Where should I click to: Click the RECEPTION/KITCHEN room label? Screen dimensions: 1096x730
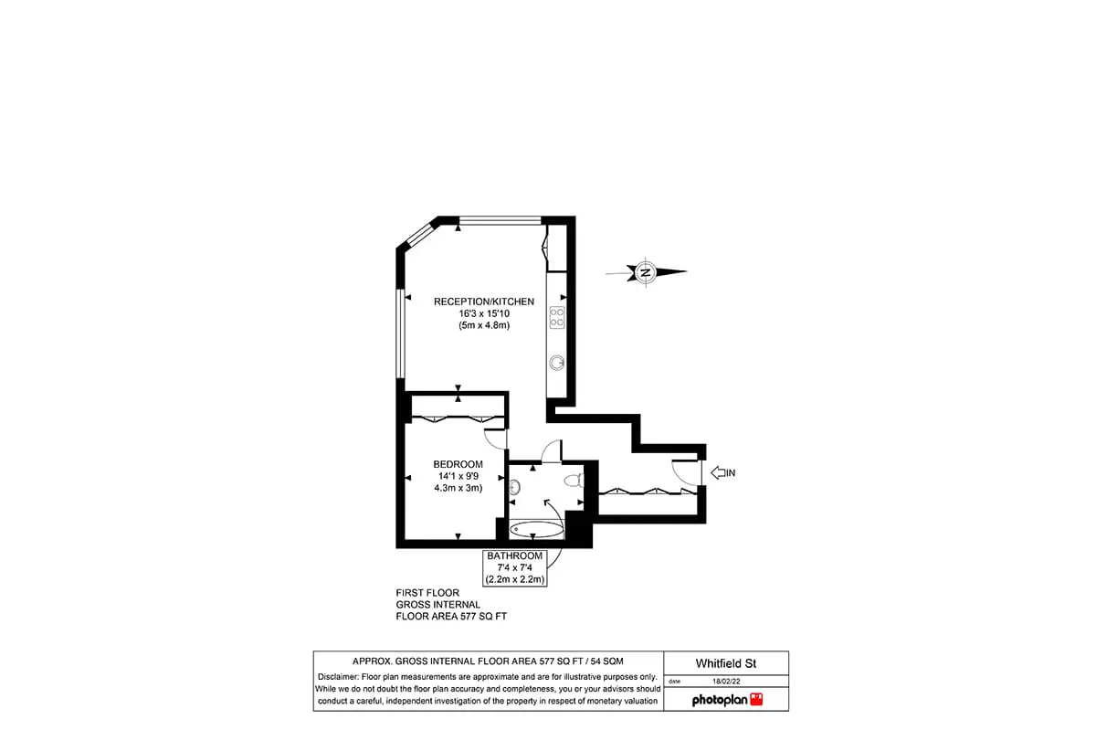(483, 302)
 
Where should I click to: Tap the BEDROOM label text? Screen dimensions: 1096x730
(458, 464)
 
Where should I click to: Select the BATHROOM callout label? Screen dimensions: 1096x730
(515, 555)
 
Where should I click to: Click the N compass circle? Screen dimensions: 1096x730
(646, 272)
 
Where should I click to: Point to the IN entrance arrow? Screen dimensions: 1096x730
(718, 472)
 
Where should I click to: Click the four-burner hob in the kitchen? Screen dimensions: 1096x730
(557, 317)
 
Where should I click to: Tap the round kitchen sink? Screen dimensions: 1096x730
(557, 363)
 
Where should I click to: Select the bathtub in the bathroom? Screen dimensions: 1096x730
(536, 529)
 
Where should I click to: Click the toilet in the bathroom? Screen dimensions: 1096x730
(574, 481)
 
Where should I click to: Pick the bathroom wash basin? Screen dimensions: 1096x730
(514, 487)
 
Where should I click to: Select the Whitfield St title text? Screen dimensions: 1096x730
(726, 663)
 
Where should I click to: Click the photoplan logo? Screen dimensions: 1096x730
(727, 700)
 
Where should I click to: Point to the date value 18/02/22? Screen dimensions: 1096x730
(726, 681)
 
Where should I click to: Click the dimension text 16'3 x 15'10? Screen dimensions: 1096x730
(484, 313)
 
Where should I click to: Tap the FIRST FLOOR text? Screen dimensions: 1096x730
(427, 592)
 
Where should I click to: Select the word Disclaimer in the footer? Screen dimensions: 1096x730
(338, 677)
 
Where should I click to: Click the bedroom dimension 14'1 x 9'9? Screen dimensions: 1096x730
(458, 476)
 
